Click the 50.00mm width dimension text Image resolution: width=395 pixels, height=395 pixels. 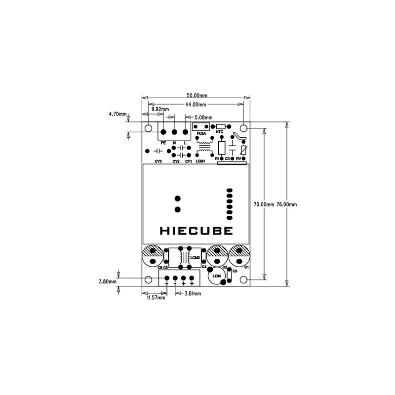point(197,95)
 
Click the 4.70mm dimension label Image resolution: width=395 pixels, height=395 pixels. point(118,114)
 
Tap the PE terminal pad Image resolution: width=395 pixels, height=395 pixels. point(163,132)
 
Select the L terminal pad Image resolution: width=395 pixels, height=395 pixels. point(186,132)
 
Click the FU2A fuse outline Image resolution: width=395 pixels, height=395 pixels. point(201,127)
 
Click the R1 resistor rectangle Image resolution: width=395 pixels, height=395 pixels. point(222,148)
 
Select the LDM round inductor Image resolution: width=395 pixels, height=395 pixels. point(216,277)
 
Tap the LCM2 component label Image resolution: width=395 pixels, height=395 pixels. point(194,257)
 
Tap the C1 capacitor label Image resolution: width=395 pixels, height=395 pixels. point(246,267)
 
